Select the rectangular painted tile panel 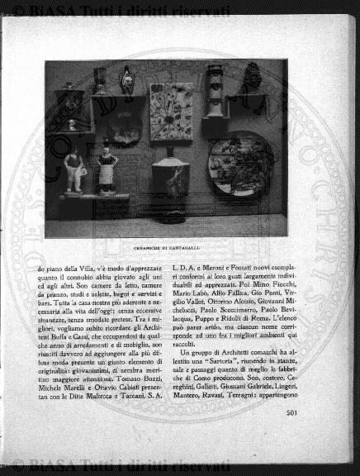pyautogui.click(x=172, y=112)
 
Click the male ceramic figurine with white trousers pyautogui.click(x=74, y=171)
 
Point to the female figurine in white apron pyautogui.click(x=107, y=170)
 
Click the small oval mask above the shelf pyautogui.click(x=126, y=79)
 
